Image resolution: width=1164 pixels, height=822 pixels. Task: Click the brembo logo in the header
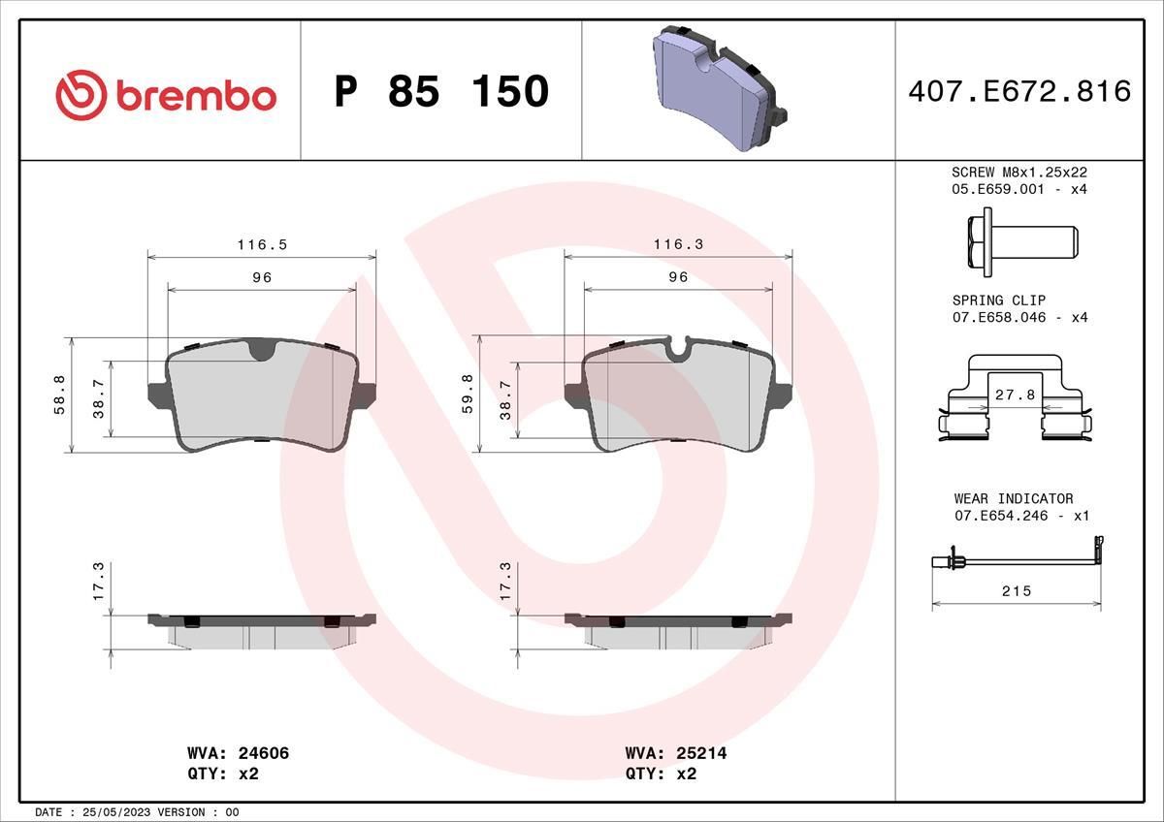coord(166,95)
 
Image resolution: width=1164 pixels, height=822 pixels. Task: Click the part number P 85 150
coord(441,91)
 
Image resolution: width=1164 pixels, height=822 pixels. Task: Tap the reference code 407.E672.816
coord(1019,91)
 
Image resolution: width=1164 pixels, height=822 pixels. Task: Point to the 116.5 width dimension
coord(262,245)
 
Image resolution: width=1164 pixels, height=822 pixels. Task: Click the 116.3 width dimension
coord(678,245)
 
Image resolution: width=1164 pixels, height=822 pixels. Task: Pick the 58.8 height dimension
coord(58,395)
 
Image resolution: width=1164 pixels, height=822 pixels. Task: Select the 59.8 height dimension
coord(468,395)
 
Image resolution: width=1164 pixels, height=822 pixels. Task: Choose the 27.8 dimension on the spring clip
coord(1016,395)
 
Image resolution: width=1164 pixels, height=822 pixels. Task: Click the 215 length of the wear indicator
coord(1017,590)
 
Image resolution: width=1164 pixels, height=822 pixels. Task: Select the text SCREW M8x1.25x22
coord(1018,172)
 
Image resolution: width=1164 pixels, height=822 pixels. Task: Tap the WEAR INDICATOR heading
coord(1013,498)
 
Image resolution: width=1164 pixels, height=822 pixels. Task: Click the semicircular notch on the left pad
coord(261,350)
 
